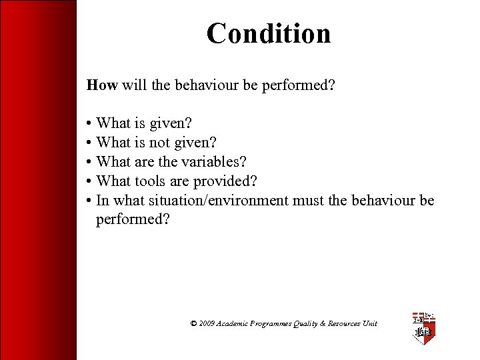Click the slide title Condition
268,33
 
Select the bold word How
102,85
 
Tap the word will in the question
131,85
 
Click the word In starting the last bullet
103,200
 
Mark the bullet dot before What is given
89,123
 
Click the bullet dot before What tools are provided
89,181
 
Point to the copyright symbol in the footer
193,323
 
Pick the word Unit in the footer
370,323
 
